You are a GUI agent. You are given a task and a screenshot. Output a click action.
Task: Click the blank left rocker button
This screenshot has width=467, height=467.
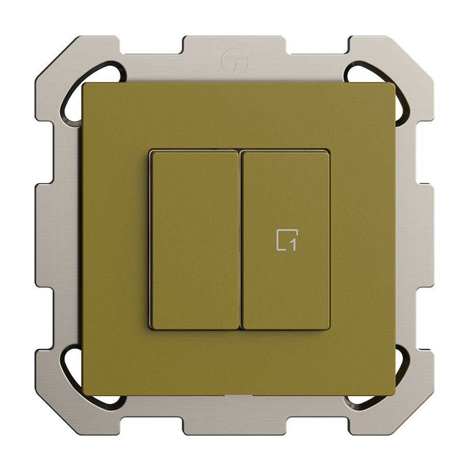(195, 240)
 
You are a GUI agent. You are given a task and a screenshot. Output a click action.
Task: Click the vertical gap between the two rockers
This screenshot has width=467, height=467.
(240, 240)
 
